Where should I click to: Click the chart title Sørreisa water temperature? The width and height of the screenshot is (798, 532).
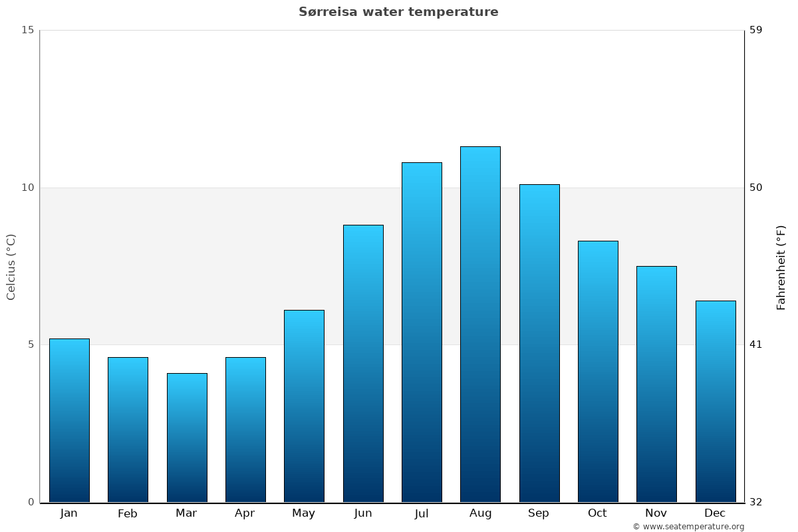(x=398, y=12)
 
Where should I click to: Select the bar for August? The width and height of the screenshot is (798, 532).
(x=480, y=324)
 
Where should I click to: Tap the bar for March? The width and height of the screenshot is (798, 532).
(x=187, y=438)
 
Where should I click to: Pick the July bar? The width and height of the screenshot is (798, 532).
(x=422, y=332)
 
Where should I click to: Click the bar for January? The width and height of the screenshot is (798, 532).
(x=69, y=420)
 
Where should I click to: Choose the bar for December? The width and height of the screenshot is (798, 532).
(x=716, y=401)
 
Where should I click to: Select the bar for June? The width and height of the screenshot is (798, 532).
(x=363, y=363)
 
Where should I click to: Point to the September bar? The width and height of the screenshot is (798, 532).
(x=539, y=343)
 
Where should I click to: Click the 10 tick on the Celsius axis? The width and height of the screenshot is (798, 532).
(x=27, y=188)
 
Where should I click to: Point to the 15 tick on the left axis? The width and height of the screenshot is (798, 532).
(x=27, y=30)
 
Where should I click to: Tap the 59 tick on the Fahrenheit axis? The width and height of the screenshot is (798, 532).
(x=755, y=30)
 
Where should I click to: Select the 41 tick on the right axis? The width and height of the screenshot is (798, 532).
(x=755, y=344)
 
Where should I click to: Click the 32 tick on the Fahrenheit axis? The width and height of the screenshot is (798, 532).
(x=755, y=502)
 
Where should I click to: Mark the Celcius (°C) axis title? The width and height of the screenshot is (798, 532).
(x=11, y=267)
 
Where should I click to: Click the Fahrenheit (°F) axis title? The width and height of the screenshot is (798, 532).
(x=781, y=267)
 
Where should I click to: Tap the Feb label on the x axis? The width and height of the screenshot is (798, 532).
(x=128, y=513)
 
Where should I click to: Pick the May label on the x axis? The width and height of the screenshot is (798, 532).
(x=304, y=513)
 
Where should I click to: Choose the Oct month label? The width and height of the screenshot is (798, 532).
(x=597, y=513)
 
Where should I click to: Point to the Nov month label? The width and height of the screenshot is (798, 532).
(x=656, y=513)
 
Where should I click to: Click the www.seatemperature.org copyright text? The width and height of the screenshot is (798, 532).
(x=688, y=527)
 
